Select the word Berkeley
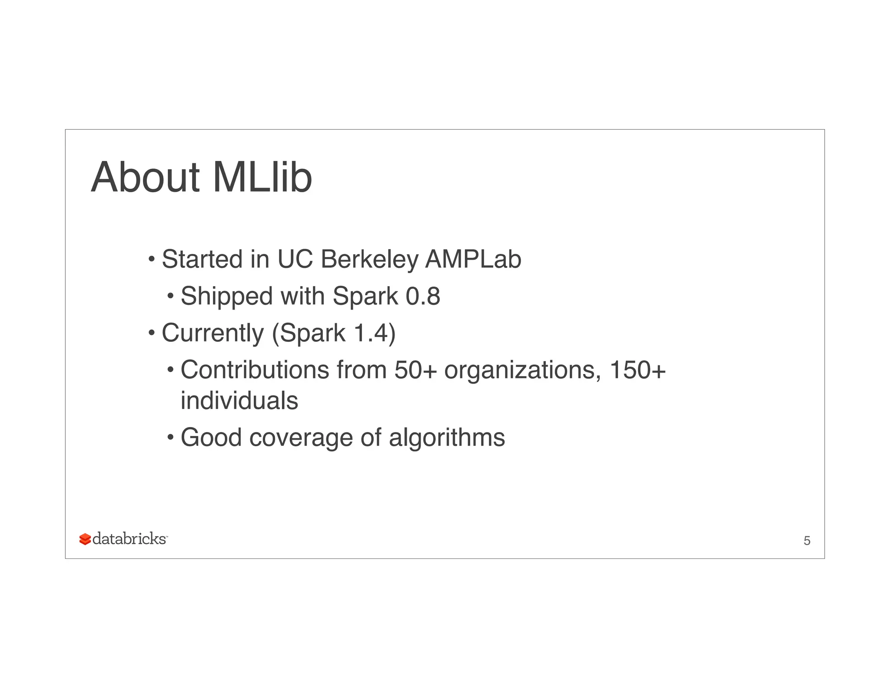pos(369,260)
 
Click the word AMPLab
pos(473,260)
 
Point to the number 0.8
pos(422,297)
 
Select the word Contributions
pos(255,370)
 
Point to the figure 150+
pos(638,370)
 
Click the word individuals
pos(239,401)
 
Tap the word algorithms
pos(447,438)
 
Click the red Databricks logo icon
pos(85,539)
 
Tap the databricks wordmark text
pos(130,539)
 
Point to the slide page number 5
pos(807,541)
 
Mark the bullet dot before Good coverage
pos(170,437)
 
